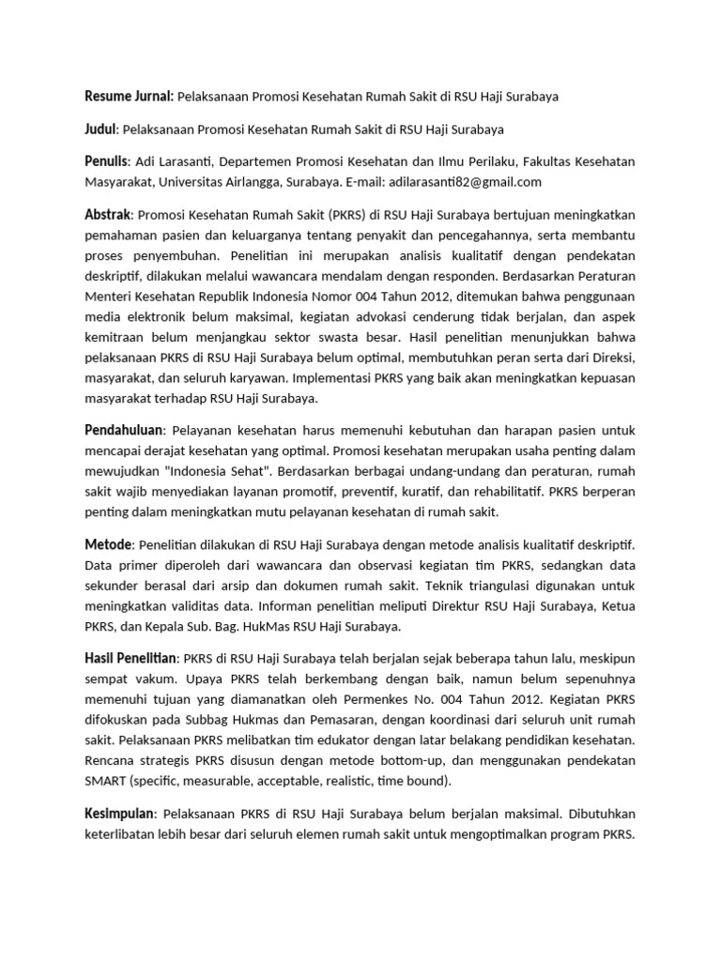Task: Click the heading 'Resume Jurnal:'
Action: pyautogui.click(x=129, y=97)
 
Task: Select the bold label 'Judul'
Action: pyautogui.click(x=100, y=129)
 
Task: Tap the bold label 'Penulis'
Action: pyautogui.click(x=105, y=161)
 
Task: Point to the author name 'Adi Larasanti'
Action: pyautogui.click(x=170, y=161)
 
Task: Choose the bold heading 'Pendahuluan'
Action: pyautogui.click(x=124, y=429)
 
